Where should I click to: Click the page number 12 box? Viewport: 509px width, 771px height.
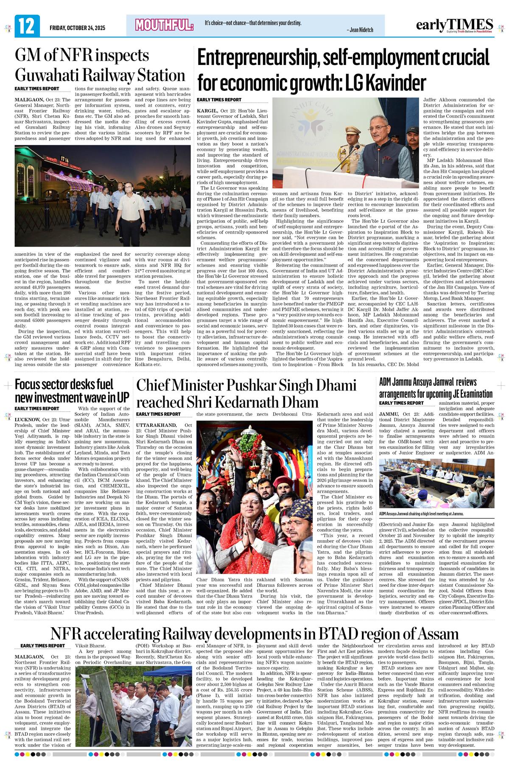27,26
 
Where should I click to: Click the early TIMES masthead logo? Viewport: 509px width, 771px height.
454,25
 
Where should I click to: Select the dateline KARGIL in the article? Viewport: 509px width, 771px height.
207,110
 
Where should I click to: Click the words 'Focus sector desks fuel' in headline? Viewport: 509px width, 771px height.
64,385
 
